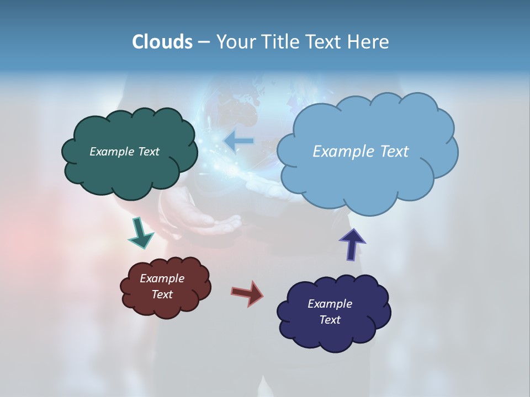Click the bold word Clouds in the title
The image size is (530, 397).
[162, 42]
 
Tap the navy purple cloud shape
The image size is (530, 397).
[334, 334]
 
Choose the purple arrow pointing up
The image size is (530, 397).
[352, 244]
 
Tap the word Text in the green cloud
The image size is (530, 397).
[148, 152]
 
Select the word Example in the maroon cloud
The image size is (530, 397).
[162, 278]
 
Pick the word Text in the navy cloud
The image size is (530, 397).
[330, 320]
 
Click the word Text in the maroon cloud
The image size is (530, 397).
[162, 294]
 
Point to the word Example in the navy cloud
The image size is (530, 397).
[330, 304]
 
